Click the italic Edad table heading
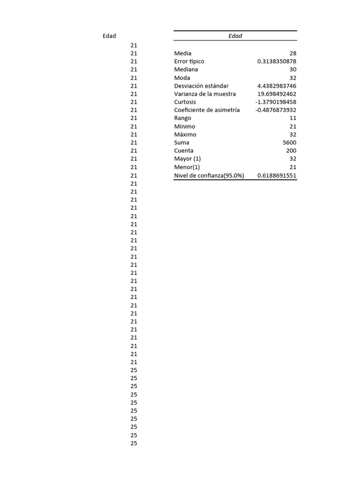click(235, 36)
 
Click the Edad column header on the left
click(109, 36)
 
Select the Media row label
click(183, 53)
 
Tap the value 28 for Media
click(293, 53)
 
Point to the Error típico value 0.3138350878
click(277, 61)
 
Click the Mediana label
click(186, 69)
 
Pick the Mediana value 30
click(293, 69)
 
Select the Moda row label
click(182, 78)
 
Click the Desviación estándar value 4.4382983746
click(277, 86)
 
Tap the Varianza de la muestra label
click(205, 94)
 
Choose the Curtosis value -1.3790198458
click(276, 102)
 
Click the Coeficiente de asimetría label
click(207, 110)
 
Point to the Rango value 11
click(293, 118)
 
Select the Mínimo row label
click(185, 127)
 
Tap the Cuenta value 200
click(291, 150)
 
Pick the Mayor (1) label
click(187, 159)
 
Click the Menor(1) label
click(187, 167)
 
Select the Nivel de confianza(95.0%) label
click(209, 175)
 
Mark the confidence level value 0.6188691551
click(277, 175)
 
